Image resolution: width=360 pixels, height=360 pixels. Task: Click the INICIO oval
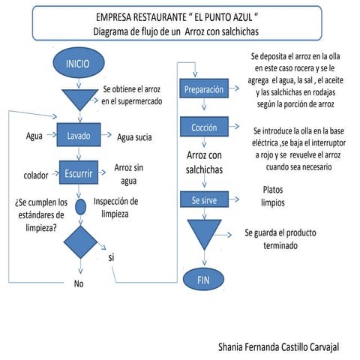point(78,62)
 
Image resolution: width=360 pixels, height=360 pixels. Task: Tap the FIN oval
point(202,280)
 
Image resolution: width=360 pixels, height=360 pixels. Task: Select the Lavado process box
point(79,136)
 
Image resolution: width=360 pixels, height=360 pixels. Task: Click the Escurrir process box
point(79,172)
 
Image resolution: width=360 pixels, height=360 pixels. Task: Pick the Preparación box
point(203,90)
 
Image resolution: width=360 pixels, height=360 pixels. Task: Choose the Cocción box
point(203,129)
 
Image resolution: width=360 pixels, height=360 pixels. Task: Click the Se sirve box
point(202,200)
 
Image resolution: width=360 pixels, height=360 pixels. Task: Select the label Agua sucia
point(136,136)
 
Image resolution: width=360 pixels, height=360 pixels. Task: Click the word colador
point(31,175)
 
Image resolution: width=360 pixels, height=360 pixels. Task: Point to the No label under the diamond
point(79,283)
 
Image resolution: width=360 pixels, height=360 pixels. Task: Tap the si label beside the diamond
point(111,257)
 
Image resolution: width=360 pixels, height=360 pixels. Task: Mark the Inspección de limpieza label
point(115,207)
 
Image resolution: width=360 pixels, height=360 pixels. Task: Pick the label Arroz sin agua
point(127,173)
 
